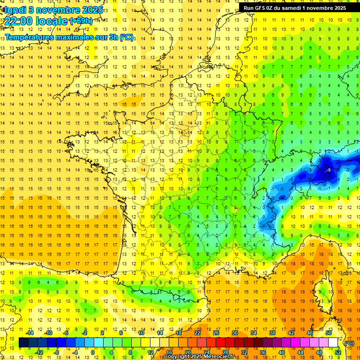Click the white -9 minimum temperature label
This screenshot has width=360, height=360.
click(x=329, y=170)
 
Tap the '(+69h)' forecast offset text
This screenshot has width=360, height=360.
click(x=81, y=21)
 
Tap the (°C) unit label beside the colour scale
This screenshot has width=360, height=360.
click(x=349, y=343)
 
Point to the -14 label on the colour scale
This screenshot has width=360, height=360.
click(x=30, y=333)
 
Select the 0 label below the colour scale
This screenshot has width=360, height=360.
click(x=93, y=352)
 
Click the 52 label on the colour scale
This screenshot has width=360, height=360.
click(x=338, y=352)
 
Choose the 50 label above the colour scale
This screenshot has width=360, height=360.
click(x=329, y=333)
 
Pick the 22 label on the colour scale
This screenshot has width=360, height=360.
click(x=197, y=333)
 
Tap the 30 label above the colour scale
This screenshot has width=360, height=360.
click(x=235, y=333)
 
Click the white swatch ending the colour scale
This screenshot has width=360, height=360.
click(x=333, y=343)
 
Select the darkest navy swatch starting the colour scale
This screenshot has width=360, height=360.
click(x=23, y=343)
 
